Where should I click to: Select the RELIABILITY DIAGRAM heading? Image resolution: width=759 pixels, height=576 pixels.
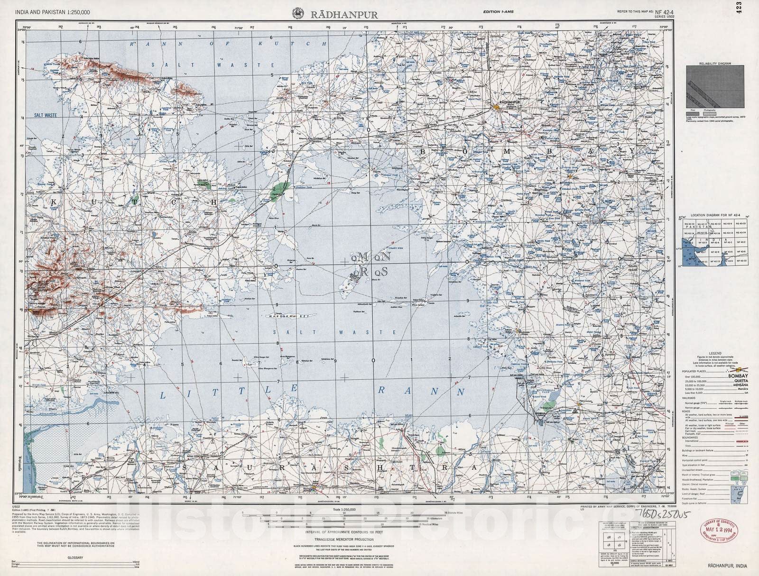[714, 63]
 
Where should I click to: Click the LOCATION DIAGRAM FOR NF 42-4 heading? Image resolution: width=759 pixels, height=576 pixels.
[714, 216]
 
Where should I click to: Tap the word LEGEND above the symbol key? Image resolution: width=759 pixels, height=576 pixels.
[715, 353]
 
